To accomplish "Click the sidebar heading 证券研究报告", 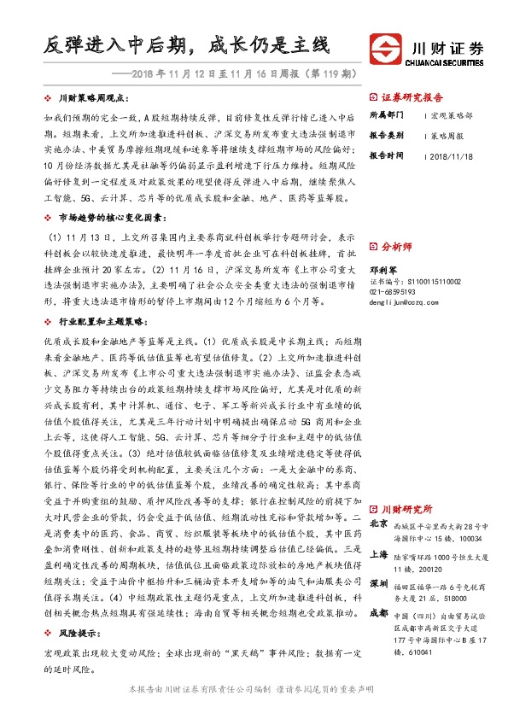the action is point(415,96).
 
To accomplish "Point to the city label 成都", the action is point(380,612).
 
